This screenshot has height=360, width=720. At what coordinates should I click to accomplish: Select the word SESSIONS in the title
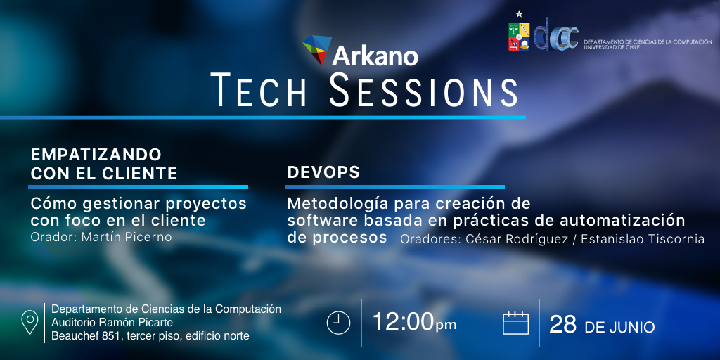point(423,90)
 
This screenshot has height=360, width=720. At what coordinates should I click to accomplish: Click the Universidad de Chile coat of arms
point(519,37)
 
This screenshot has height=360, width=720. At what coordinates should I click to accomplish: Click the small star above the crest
point(519,14)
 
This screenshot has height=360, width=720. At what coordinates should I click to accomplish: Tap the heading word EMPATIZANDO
point(96,155)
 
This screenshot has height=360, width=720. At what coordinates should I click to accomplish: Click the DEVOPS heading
point(323,172)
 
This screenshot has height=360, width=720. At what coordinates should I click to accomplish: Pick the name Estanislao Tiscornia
point(643,239)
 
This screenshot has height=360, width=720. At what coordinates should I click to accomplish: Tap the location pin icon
point(30,322)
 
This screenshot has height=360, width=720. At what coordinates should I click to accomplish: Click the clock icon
point(338,323)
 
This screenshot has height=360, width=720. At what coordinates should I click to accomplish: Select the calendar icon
point(515,323)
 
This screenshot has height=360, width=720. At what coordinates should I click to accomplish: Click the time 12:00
point(404,322)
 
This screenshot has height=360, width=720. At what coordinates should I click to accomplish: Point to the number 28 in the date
point(563,325)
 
